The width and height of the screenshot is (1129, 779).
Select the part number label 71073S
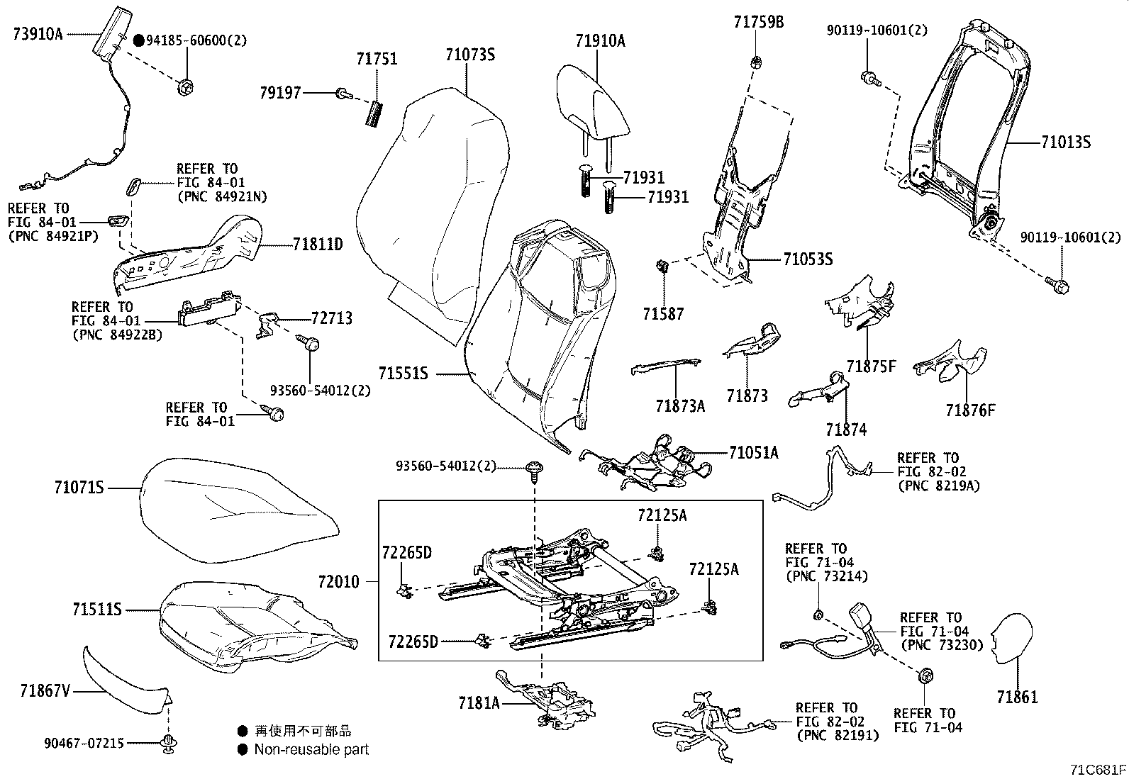[470, 54]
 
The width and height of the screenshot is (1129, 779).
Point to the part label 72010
[338, 582]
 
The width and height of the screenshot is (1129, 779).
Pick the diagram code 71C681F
[1099, 770]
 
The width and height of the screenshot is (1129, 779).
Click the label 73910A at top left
[38, 33]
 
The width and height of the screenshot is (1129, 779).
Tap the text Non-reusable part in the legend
[311, 749]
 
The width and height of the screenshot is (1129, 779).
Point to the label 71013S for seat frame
[1066, 142]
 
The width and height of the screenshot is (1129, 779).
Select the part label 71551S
[403, 373]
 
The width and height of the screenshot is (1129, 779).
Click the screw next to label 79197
[344, 93]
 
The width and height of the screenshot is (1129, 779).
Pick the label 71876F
[969, 410]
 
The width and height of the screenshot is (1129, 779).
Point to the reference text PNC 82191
[838, 735]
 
